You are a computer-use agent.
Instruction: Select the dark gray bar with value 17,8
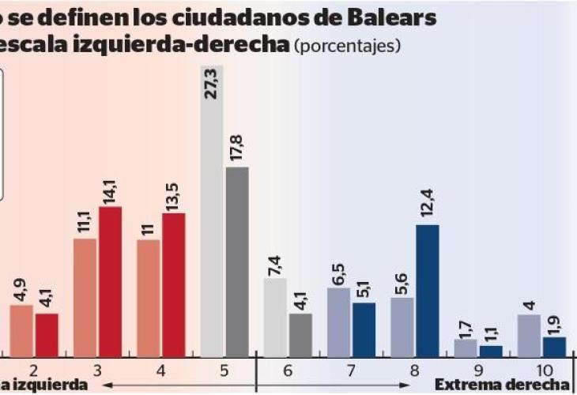pos(237,261)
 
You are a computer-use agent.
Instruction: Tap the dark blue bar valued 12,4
pos(427,291)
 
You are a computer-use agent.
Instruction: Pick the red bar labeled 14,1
pos(110,281)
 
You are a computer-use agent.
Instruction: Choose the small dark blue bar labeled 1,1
pos(490,352)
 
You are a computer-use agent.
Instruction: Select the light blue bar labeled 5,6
pos(402,327)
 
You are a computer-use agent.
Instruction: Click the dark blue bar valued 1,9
pos(553,348)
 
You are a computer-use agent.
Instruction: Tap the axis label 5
pos(224,370)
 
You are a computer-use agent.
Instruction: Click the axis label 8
pos(414,370)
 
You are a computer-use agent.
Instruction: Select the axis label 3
pos(97,370)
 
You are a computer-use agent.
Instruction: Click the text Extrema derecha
pos(503,385)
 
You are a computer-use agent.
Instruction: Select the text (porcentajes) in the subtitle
pos(347,46)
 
